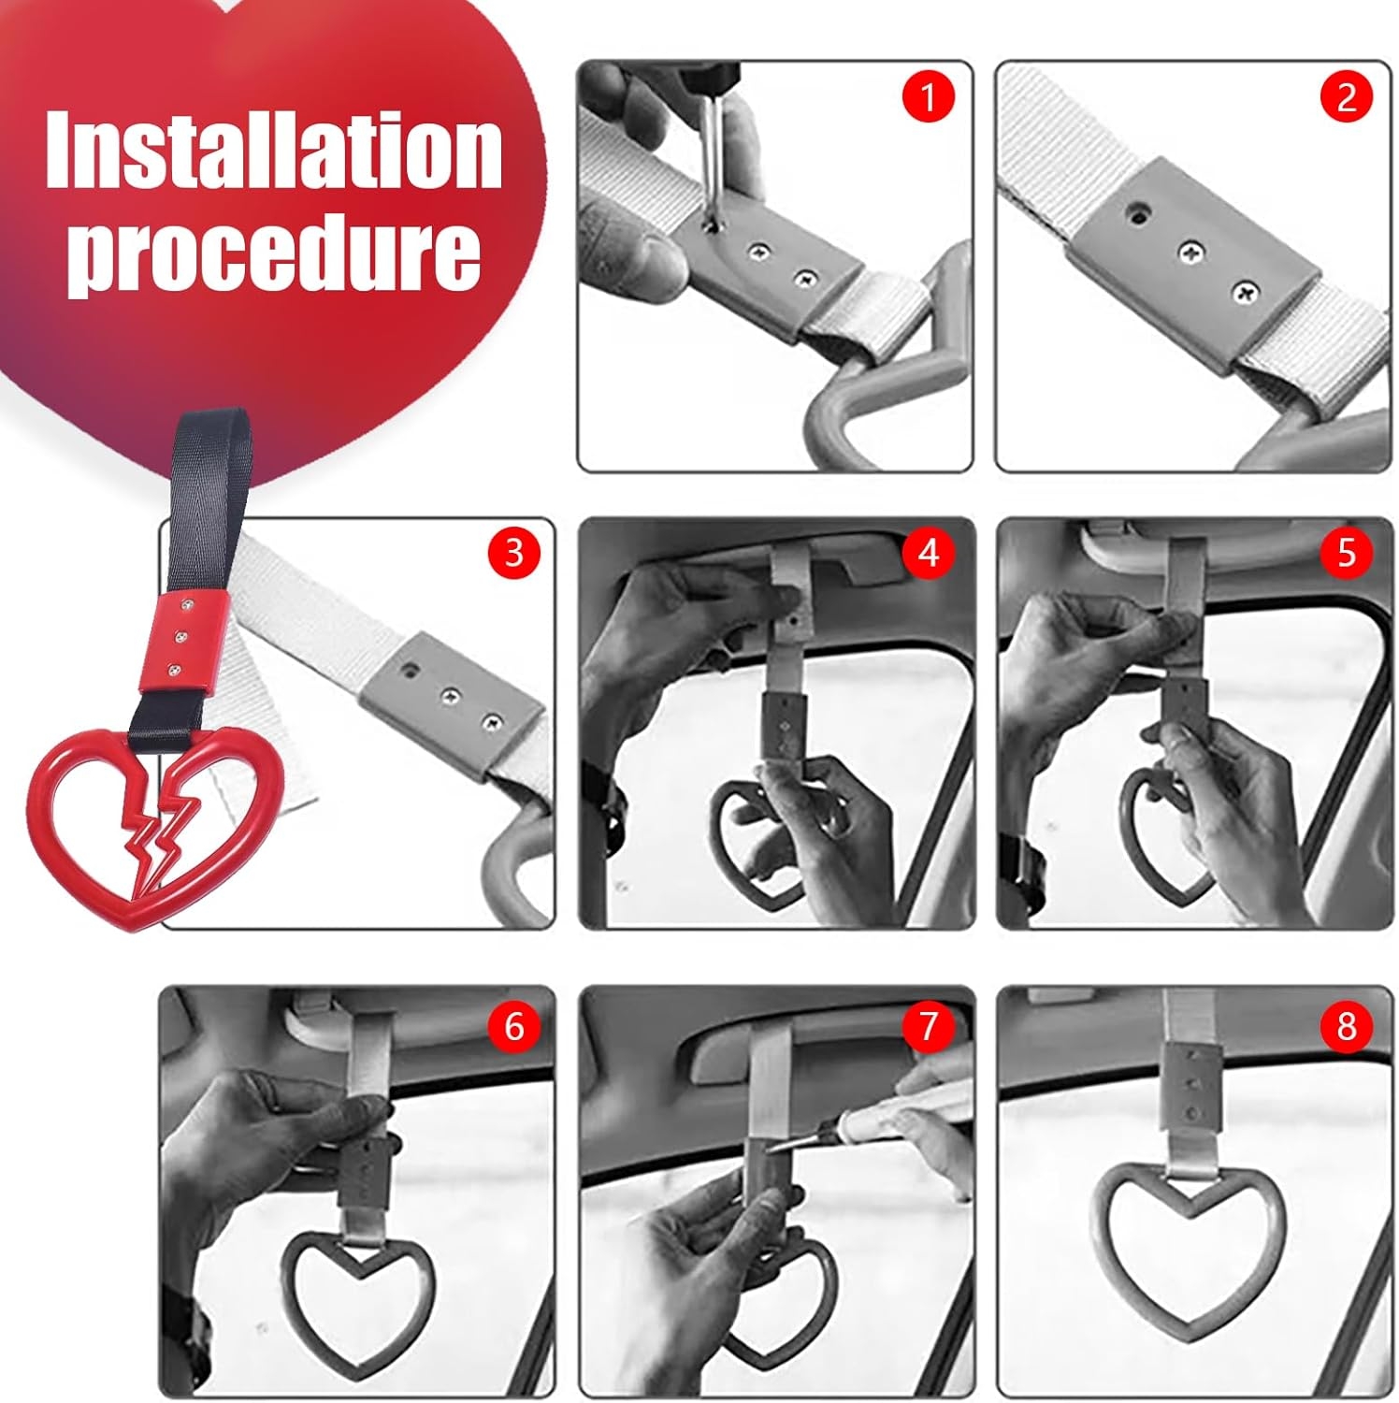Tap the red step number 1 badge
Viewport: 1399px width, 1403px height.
[x=929, y=96]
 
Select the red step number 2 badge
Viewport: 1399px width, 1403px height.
[x=1346, y=96]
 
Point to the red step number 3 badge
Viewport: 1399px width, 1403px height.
[x=514, y=553]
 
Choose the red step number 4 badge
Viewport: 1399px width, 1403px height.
[x=929, y=553]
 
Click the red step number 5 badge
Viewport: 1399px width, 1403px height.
[x=1346, y=553]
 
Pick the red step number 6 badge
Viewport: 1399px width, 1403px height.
[x=514, y=1026]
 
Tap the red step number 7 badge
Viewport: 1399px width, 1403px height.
[x=929, y=1026]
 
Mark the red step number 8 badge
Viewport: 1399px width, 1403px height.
[x=1346, y=1026]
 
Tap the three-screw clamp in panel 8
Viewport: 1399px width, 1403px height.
[x=1192, y=1085]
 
